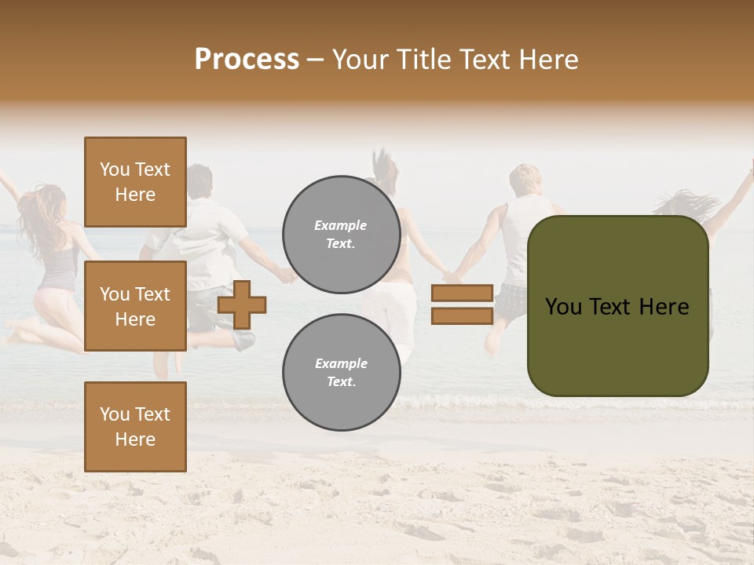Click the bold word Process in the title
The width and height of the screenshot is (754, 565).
tap(247, 60)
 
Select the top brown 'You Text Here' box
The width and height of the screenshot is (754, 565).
tap(135, 182)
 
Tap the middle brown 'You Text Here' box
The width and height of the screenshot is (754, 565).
tap(135, 306)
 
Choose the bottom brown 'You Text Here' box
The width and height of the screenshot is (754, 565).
tap(135, 427)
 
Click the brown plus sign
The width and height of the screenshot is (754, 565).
tap(242, 304)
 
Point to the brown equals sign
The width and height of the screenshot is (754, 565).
tap(462, 304)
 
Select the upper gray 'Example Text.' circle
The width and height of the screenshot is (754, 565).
tap(342, 235)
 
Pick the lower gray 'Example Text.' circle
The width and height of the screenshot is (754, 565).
tap(342, 372)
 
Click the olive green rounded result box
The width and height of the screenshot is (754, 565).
tap(618, 306)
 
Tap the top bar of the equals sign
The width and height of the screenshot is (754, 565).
tap(462, 293)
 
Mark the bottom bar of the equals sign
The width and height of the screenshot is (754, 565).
tap(462, 315)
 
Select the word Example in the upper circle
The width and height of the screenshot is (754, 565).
tap(341, 225)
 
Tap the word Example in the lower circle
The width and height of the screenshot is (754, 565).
tap(341, 363)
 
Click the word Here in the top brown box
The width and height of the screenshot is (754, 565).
tap(135, 195)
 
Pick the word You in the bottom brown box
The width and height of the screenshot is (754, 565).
tap(115, 414)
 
